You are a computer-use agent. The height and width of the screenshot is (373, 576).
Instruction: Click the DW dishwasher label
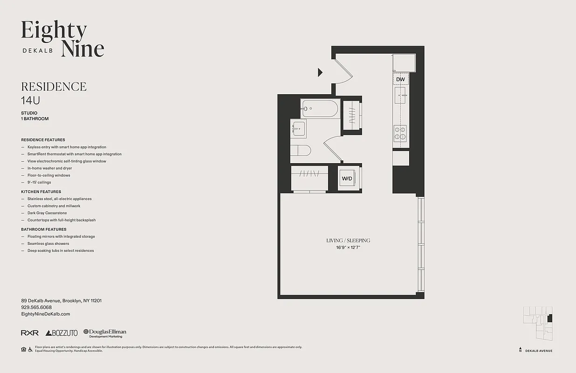(x=400, y=79)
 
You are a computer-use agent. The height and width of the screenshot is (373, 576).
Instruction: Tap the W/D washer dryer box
(x=347, y=179)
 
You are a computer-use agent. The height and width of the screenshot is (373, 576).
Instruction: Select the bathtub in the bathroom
(x=320, y=109)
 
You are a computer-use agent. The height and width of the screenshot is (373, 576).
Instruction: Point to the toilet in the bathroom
(x=301, y=151)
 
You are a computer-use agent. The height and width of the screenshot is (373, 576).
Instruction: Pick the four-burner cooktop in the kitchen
(x=400, y=133)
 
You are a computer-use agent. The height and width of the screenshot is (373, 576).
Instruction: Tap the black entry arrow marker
(x=320, y=72)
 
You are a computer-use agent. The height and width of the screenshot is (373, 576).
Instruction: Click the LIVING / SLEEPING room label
(x=348, y=241)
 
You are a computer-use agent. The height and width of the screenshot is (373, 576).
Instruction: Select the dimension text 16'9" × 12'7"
(x=348, y=247)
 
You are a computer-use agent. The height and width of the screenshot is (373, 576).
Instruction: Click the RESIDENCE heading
(x=54, y=87)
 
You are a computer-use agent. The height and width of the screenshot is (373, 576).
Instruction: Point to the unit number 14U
(x=29, y=100)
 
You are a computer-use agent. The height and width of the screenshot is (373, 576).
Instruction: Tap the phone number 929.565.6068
(x=36, y=307)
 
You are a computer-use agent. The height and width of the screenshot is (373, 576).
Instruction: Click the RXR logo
(x=29, y=333)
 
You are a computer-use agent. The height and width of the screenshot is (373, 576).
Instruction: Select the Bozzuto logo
(x=62, y=333)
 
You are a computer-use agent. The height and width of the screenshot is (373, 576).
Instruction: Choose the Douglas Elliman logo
(x=105, y=333)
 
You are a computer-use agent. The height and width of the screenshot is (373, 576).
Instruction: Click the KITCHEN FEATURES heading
(x=41, y=192)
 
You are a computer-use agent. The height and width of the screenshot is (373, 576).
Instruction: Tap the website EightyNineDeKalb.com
(x=46, y=314)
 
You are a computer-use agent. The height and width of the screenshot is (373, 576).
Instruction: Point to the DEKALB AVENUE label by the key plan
(x=538, y=351)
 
